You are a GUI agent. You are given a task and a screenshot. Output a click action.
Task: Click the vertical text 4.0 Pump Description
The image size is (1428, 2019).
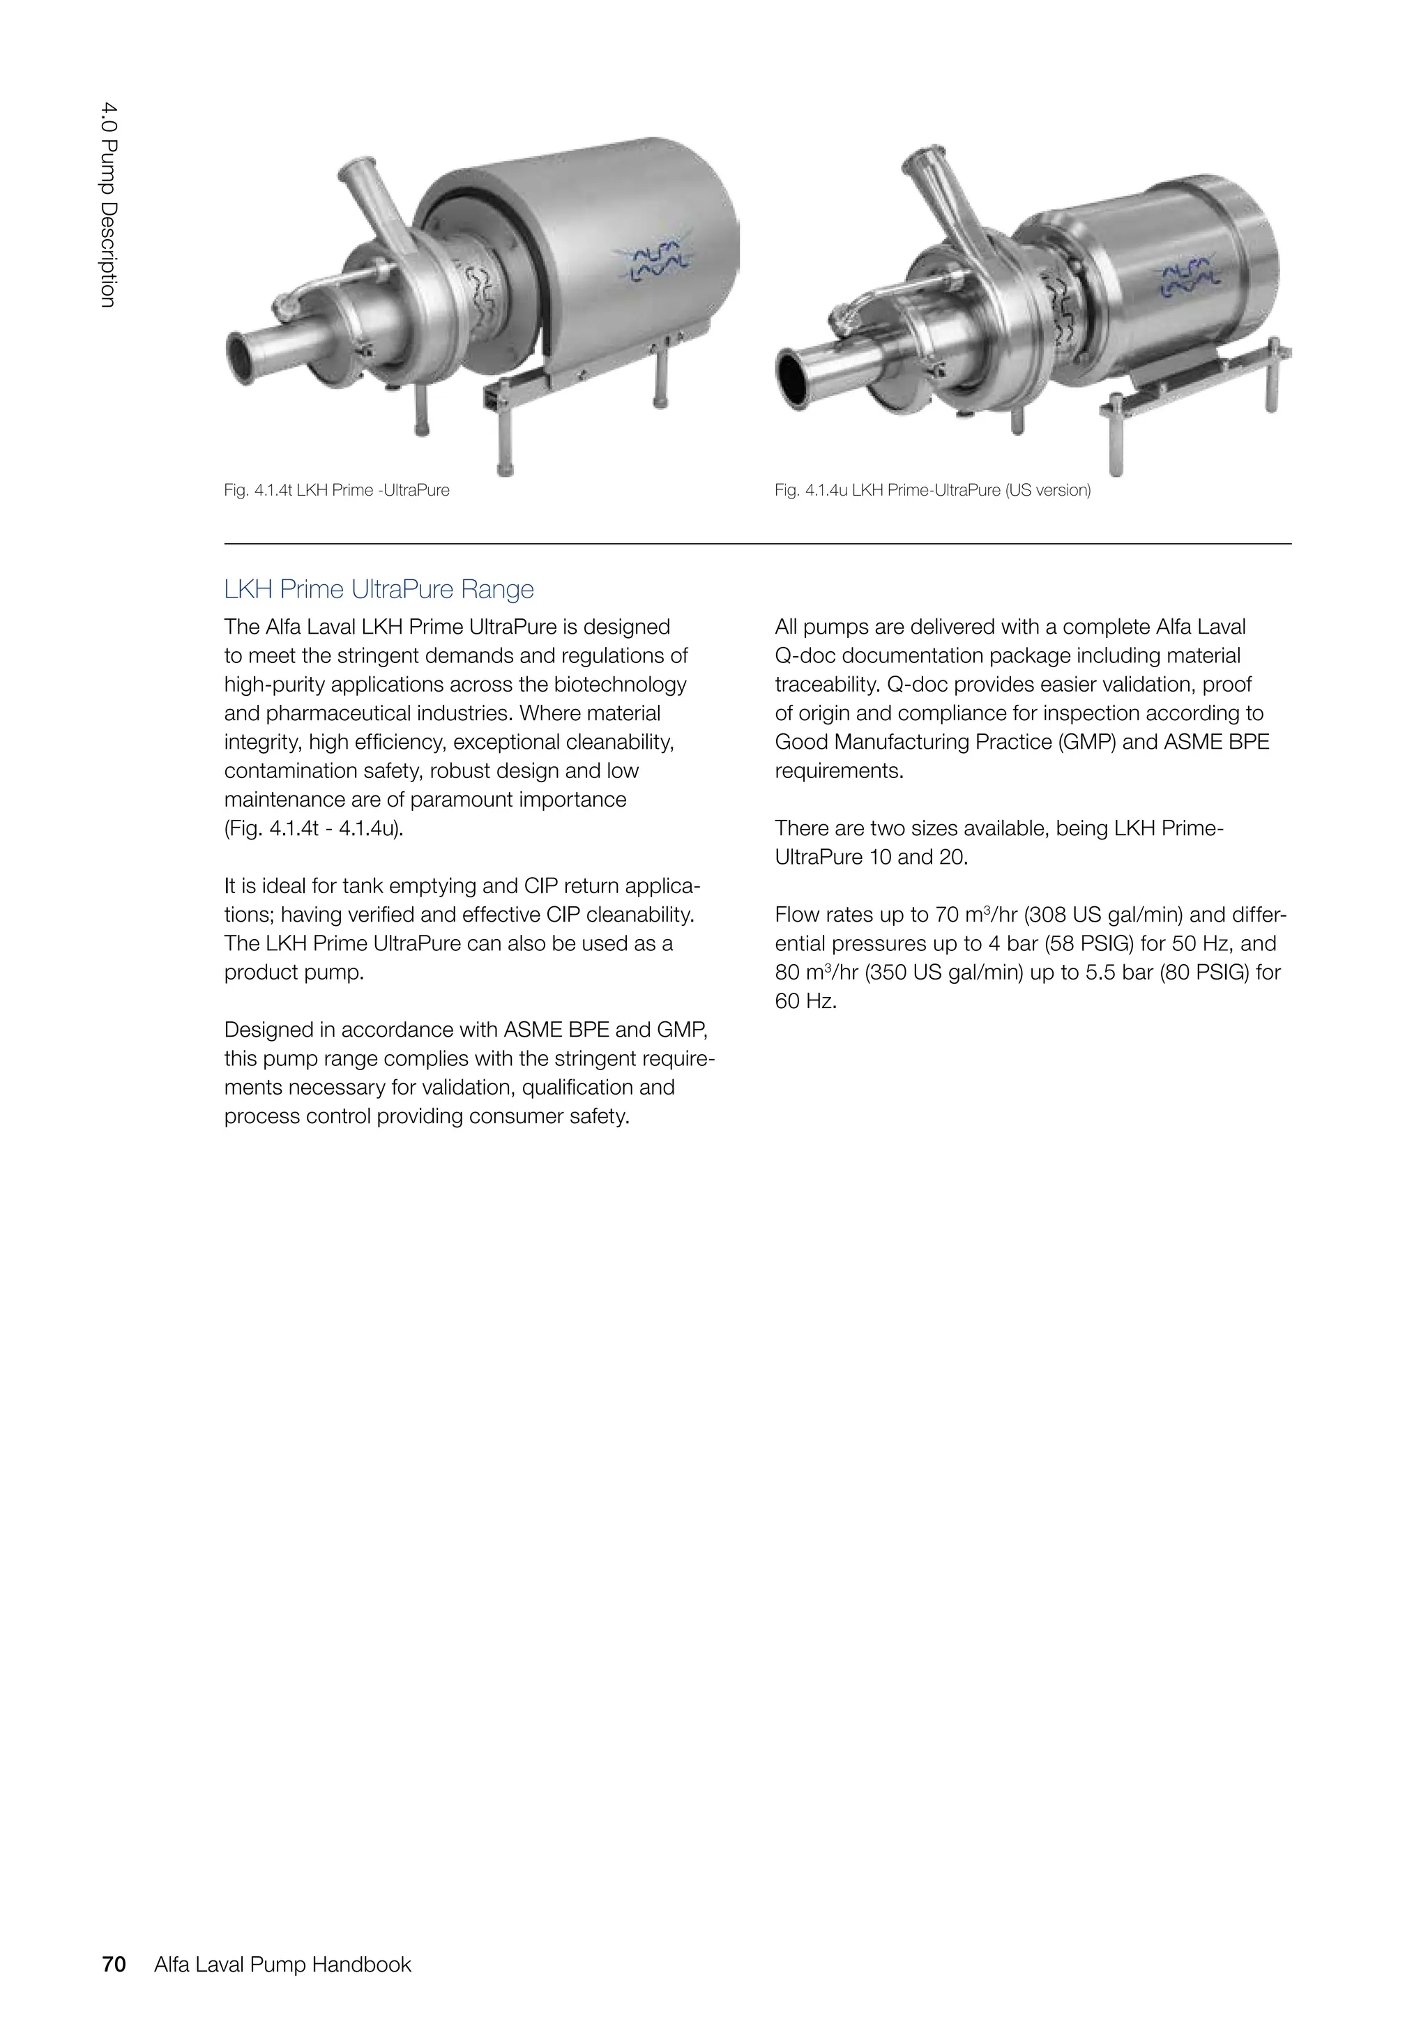[x=107, y=204]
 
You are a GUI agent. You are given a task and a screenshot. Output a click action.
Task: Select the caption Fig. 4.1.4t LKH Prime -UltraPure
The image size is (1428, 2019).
[x=336, y=491]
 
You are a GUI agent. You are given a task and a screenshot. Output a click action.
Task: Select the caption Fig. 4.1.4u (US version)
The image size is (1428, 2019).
[x=932, y=491]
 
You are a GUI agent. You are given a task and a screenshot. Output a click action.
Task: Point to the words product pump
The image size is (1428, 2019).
[x=293, y=973]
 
